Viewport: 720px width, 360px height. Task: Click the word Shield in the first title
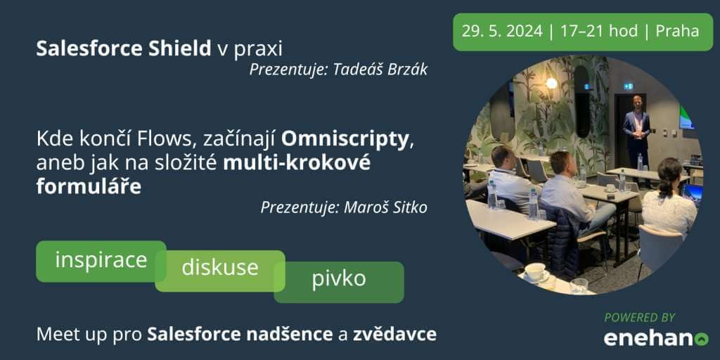coord(179,49)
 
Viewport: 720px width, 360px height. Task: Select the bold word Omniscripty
coord(345,140)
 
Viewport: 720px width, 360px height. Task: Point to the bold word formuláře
coord(89,187)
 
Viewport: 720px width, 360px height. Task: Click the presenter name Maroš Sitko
coord(386,207)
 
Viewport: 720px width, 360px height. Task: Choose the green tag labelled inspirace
coord(101,261)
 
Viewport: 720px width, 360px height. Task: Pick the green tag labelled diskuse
coord(220,268)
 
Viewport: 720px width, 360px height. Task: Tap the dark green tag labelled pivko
coord(339,279)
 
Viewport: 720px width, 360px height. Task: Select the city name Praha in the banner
coord(677,31)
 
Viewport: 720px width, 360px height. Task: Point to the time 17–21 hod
coord(599,31)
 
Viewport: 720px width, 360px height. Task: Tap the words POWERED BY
coord(640,317)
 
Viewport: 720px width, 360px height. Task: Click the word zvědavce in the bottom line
coord(394,334)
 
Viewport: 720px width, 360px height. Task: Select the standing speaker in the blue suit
coord(636,133)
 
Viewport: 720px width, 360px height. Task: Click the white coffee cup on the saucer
coord(535,271)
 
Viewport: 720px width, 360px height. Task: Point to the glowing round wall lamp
coord(551,83)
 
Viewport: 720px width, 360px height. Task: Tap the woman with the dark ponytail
coord(669,198)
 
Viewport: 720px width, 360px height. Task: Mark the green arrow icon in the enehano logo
coord(702,340)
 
